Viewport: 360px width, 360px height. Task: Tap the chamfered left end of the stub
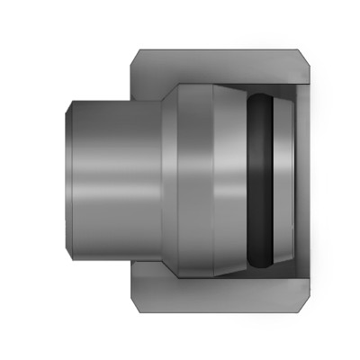[x=71, y=180]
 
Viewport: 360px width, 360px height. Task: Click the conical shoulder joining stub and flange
[x=167, y=180]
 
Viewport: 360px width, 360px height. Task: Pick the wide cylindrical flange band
[x=193, y=180]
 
